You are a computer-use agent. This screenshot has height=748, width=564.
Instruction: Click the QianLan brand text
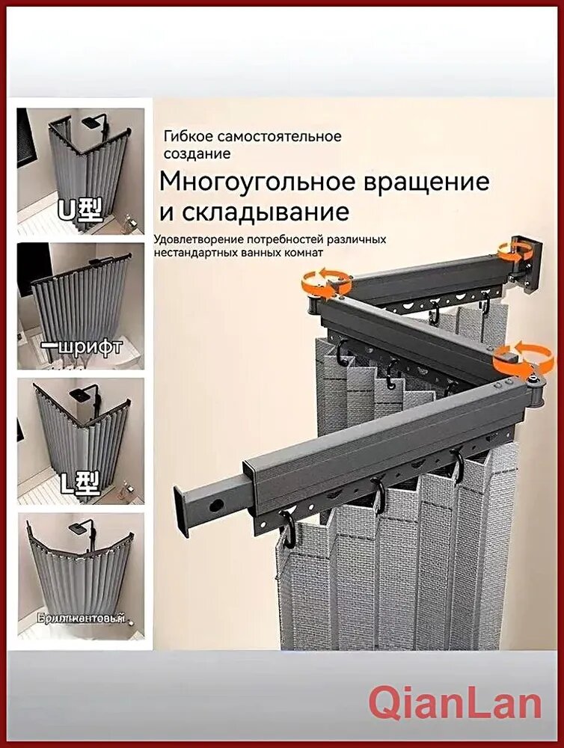tap(455, 704)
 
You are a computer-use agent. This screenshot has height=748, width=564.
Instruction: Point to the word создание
tap(197, 153)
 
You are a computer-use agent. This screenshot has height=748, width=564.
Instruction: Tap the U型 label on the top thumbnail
tap(79, 211)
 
